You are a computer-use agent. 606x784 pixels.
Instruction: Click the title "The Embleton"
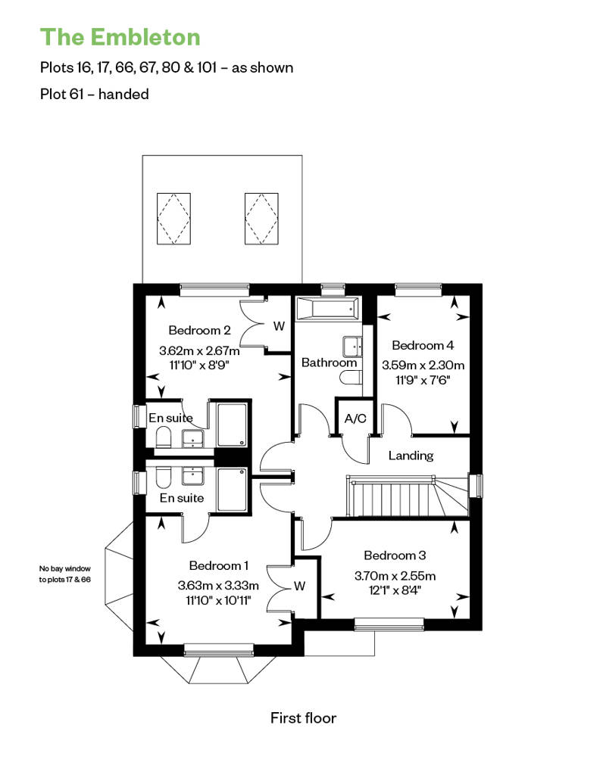click(x=120, y=37)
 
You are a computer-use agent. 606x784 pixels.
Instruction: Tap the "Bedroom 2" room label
click(x=199, y=330)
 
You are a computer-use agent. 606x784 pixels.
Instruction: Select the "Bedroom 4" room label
click(x=423, y=345)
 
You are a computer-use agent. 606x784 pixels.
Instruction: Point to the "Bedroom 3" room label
click(x=395, y=555)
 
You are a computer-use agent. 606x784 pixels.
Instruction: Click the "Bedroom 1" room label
click(x=219, y=565)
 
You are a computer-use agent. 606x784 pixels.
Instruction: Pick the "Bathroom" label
click(x=329, y=362)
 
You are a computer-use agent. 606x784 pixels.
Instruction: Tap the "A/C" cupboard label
click(x=355, y=418)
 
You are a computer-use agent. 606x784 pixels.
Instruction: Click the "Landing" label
click(x=411, y=456)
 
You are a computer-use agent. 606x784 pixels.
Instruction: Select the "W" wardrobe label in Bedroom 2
click(x=279, y=326)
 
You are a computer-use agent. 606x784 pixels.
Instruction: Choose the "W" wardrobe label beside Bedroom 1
click(x=299, y=586)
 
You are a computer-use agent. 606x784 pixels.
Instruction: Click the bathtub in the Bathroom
click(x=327, y=309)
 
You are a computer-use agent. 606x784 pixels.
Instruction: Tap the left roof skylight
click(x=173, y=219)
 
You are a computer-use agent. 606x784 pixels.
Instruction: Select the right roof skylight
click(x=261, y=219)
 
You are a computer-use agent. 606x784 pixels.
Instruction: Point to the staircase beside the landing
click(x=408, y=496)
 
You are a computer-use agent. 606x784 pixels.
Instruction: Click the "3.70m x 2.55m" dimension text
click(x=395, y=575)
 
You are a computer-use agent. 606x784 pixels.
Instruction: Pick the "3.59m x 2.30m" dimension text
click(x=423, y=365)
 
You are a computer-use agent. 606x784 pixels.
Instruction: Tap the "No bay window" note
click(x=65, y=568)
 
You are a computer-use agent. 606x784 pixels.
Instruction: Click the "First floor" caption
click(x=303, y=718)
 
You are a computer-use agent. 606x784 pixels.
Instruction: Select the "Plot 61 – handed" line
click(x=95, y=94)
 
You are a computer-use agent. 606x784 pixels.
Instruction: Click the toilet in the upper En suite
click(x=163, y=439)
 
